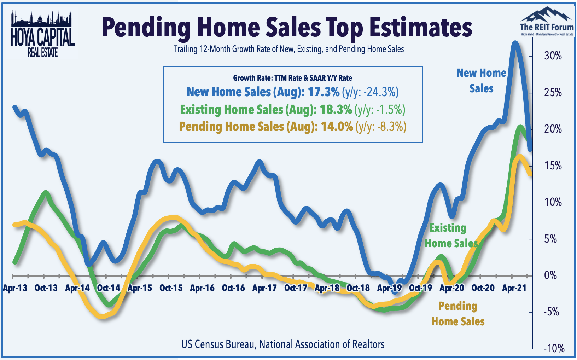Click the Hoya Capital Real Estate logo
click(x=42, y=34)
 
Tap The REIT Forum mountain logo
click(x=547, y=22)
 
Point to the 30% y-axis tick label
click(x=553, y=56)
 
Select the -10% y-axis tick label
click(x=554, y=349)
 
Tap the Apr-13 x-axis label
click(x=15, y=288)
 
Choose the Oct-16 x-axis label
click(x=233, y=288)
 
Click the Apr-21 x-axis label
click(x=514, y=288)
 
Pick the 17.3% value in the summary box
click(x=324, y=92)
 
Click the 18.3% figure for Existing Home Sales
click(x=336, y=110)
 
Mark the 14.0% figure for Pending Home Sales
click(x=337, y=127)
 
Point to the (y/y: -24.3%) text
click(x=371, y=92)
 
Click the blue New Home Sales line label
click(x=482, y=81)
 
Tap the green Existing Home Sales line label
click(x=451, y=236)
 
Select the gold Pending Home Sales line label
click(x=458, y=314)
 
